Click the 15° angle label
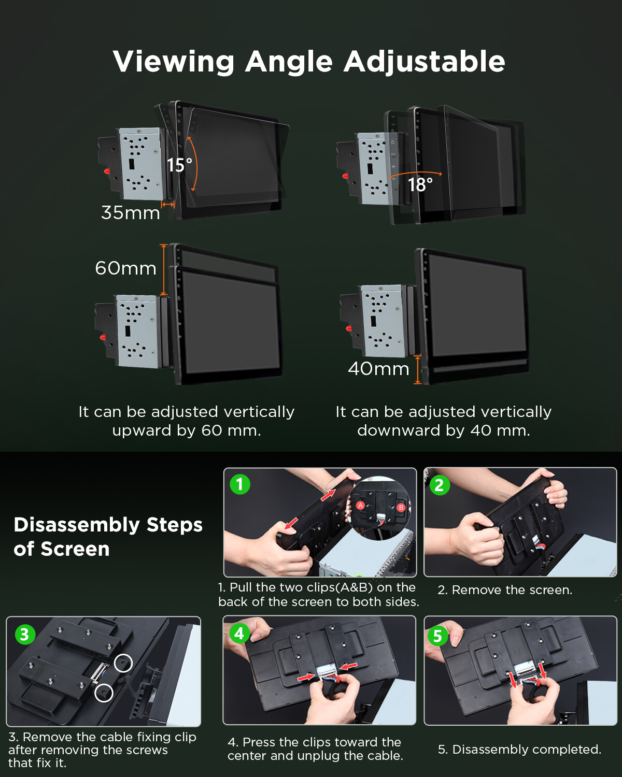tap(179, 165)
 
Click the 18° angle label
tap(420, 185)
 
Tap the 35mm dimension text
tap(131, 212)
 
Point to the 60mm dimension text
tap(125, 268)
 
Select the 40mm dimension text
tap(378, 369)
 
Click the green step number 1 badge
tap(240, 484)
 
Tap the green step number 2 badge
tap(440, 485)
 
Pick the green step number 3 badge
tap(25, 635)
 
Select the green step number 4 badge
tap(239, 634)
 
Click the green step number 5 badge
tap(437, 636)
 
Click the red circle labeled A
tap(360, 506)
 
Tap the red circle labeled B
tap(401, 508)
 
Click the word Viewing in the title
tap(174, 62)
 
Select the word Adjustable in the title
tap(424, 62)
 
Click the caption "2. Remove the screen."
tap(505, 590)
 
